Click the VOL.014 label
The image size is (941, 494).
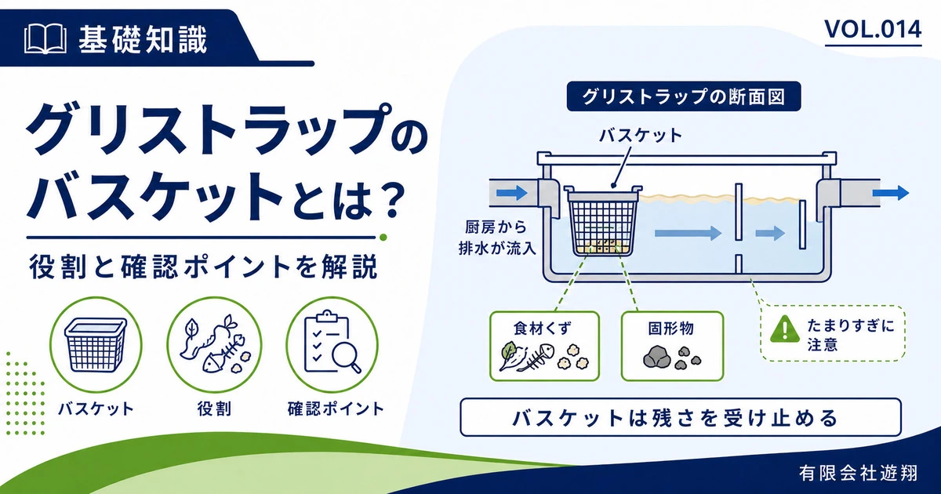tap(873, 30)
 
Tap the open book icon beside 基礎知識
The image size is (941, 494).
tap(45, 39)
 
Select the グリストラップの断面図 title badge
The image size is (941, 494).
tap(684, 96)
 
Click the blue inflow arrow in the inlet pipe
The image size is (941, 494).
tap(511, 193)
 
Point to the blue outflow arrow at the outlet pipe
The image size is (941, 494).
tap(891, 193)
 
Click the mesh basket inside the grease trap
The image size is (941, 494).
tap(603, 220)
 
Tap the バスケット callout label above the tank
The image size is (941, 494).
tap(640, 135)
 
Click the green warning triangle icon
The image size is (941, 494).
tap(784, 329)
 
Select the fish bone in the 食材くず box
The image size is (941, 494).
tap(535, 356)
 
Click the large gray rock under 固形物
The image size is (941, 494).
tap(656, 358)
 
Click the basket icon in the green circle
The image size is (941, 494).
tap(96, 344)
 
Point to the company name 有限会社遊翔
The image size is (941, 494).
tap(859, 473)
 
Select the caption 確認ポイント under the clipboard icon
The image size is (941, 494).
tap(336, 409)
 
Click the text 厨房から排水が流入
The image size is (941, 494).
tap(497, 238)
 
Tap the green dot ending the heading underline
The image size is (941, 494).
tap(383, 238)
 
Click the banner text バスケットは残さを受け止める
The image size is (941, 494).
tap(680, 417)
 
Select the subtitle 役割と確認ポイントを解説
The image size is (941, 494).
tap(204, 267)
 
